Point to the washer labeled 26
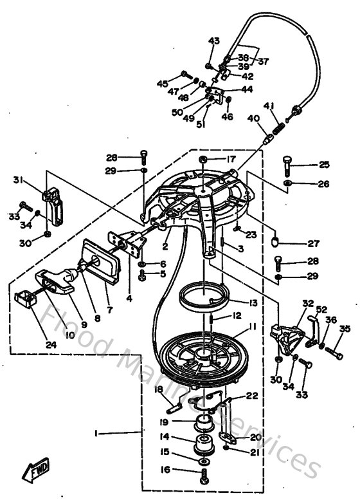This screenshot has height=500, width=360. click(287, 185)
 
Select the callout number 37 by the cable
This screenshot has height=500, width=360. click(264, 61)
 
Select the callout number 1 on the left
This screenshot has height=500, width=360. click(96, 434)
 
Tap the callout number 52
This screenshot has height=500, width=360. click(321, 309)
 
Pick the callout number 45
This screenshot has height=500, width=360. click(163, 83)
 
